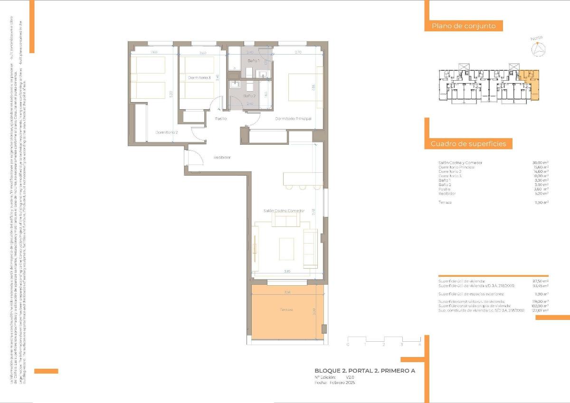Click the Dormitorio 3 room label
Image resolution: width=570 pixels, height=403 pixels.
click(x=199, y=77)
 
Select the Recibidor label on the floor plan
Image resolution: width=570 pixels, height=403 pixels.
click(x=222, y=157)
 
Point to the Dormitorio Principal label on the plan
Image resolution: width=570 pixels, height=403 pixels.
click(x=293, y=119)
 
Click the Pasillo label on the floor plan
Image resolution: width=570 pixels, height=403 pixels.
click(x=220, y=119)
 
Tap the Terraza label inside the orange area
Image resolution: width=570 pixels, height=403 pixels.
click(x=286, y=309)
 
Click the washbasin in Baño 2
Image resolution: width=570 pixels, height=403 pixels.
click(x=235, y=85)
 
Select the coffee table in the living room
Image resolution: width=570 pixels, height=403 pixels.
click(x=286, y=249)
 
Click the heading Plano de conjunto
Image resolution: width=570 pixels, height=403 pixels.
click(x=464, y=26)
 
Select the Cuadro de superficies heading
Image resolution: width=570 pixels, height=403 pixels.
click(x=468, y=144)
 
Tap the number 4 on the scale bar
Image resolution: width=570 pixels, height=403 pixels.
click(x=419, y=345)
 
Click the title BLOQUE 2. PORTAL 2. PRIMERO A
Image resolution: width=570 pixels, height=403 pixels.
click(x=365, y=371)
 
